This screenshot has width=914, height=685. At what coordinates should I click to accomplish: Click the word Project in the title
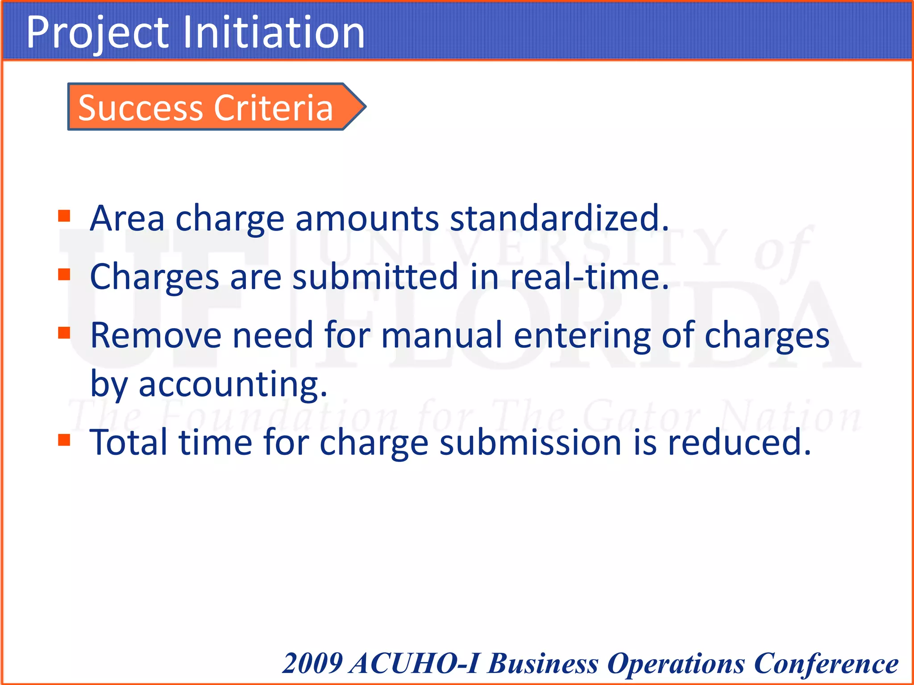tap(97, 33)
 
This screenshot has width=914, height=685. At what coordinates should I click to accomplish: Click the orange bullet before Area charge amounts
tap(64, 216)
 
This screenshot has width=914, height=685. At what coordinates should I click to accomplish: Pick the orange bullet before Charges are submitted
tap(64, 274)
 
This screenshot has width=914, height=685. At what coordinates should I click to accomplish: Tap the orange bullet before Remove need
tap(64, 333)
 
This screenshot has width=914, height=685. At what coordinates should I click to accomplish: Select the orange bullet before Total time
tap(64, 440)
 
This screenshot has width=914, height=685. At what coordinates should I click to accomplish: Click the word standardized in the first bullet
tap(559, 218)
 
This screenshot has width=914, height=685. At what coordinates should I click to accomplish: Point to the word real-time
tap(589, 276)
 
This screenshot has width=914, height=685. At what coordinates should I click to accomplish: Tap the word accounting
tap(233, 384)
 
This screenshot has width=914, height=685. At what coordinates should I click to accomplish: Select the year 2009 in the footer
tap(312, 663)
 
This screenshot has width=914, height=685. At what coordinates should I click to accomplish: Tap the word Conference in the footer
tap(826, 663)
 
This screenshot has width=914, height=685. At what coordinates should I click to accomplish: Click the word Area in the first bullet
tap(127, 218)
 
